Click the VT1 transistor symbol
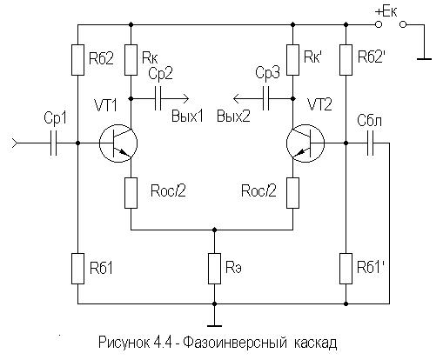(x=118, y=143)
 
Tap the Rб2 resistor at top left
(x=77, y=60)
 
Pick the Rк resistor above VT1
(x=131, y=60)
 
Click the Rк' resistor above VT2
(x=292, y=60)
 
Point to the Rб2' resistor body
(x=346, y=60)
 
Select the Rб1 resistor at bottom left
(x=77, y=269)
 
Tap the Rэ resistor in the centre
(x=214, y=269)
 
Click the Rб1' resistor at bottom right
(x=346, y=269)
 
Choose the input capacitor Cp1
(x=54, y=143)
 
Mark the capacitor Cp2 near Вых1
(x=158, y=99)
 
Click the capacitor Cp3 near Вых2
(x=265, y=99)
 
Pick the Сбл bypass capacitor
(x=370, y=143)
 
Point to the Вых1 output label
(x=187, y=117)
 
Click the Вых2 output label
(x=233, y=117)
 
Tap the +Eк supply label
(x=386, y=12)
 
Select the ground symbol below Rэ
(x=214, y=326)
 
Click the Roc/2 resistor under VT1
(x=131, y=193)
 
